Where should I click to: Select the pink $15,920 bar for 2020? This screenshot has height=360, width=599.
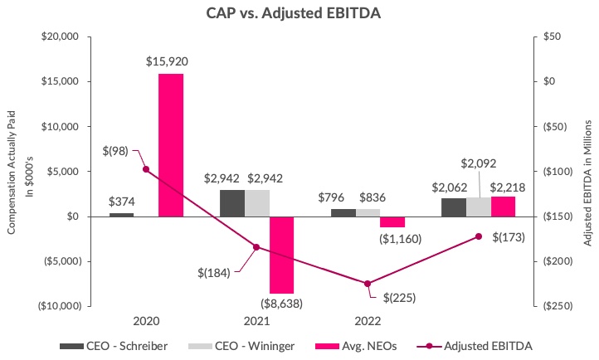coord(170,144)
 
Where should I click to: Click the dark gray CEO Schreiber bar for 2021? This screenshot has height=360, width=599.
coord(232,203)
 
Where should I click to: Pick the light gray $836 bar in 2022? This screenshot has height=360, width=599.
coord(368,212)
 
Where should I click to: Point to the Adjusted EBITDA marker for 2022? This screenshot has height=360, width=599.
coord(368,284)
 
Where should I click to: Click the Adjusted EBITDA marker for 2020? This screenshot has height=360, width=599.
coord(146,169)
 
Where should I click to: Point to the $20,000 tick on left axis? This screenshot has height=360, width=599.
coord(59,37)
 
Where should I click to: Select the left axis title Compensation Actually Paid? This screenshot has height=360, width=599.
coord(12,171)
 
